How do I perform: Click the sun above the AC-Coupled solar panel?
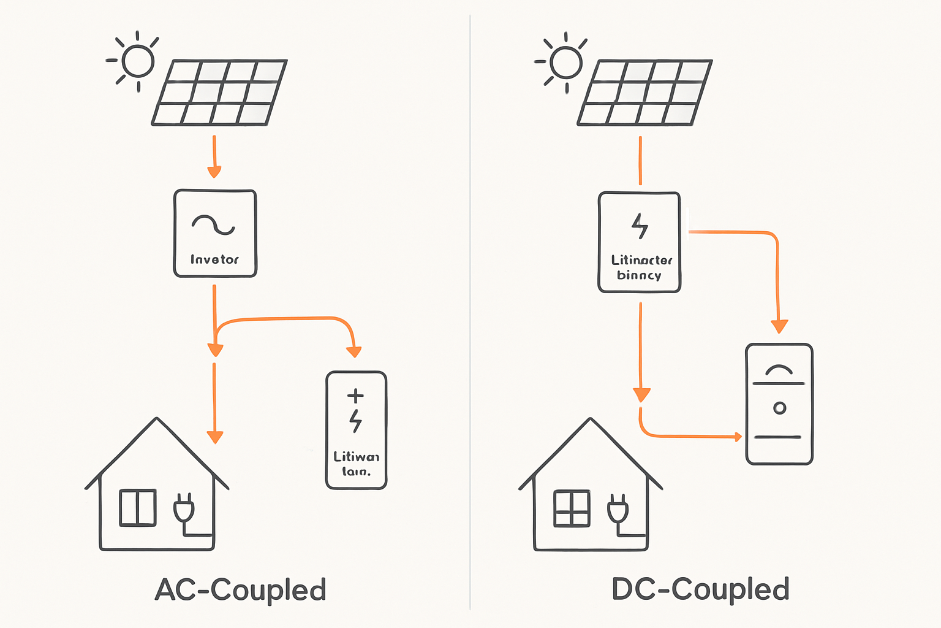point(137,61)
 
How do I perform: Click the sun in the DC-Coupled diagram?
point(565,62)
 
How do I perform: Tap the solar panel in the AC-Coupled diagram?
point(219,93)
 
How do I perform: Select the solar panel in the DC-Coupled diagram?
point(644,93)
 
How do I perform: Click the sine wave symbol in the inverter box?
point(213,224)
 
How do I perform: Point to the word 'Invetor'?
point(214,259)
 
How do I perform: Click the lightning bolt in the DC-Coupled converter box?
point(640,226)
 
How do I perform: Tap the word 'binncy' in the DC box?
point(639,275)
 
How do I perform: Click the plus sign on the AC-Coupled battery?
point(355,396)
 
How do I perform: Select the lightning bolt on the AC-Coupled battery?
point(355,421)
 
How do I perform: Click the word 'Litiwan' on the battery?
point(356,457)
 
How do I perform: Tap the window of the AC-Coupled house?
point(138,507)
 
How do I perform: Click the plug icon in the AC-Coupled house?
point(184,508)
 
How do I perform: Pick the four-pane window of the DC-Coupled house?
point(572,508)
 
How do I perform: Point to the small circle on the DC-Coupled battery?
point(779,408)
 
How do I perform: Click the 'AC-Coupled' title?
point(240,590)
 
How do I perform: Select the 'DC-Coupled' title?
point(700,589)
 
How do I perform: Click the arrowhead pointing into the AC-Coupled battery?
point(354,352)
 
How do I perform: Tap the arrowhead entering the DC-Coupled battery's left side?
point(738,437)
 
